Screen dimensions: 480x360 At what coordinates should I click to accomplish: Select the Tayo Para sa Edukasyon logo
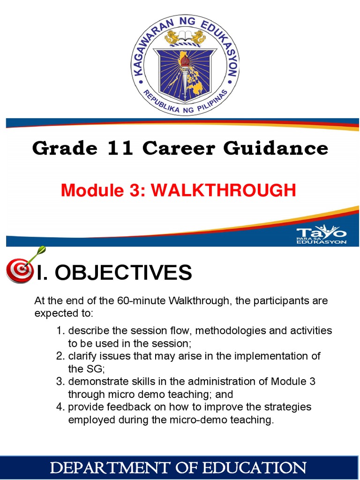(x=322, y=234)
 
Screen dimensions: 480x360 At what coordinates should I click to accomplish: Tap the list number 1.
(x=60, y=330)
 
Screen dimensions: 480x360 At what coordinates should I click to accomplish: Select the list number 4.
(x=60, y=406)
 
